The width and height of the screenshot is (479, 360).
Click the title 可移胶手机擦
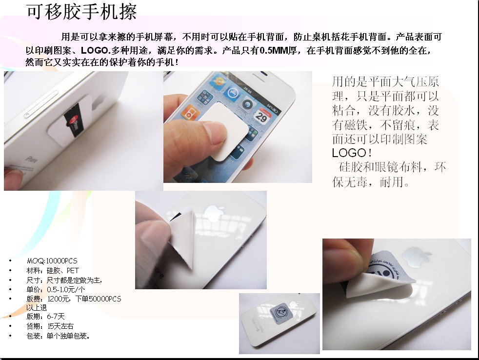click(x=81, y=12)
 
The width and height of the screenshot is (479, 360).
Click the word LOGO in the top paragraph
click(x=95, y=50)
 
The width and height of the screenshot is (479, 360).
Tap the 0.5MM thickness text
click(x=274, y=50)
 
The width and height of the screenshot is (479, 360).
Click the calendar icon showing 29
click(x=262, y=116)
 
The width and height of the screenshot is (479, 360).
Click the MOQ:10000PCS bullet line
click(x=52, y=261)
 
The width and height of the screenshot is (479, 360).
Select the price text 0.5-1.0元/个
click(x=66, y=289)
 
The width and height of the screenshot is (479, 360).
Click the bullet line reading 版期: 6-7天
click(x=45, y=317)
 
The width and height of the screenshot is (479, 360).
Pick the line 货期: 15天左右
click(x=50, y=326)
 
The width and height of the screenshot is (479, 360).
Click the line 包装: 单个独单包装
click(x=58, y=336)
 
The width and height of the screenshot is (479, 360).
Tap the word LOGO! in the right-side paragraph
click(x=352, y=153)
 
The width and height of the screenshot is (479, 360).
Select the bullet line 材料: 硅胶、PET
click(x=53, y=271)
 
